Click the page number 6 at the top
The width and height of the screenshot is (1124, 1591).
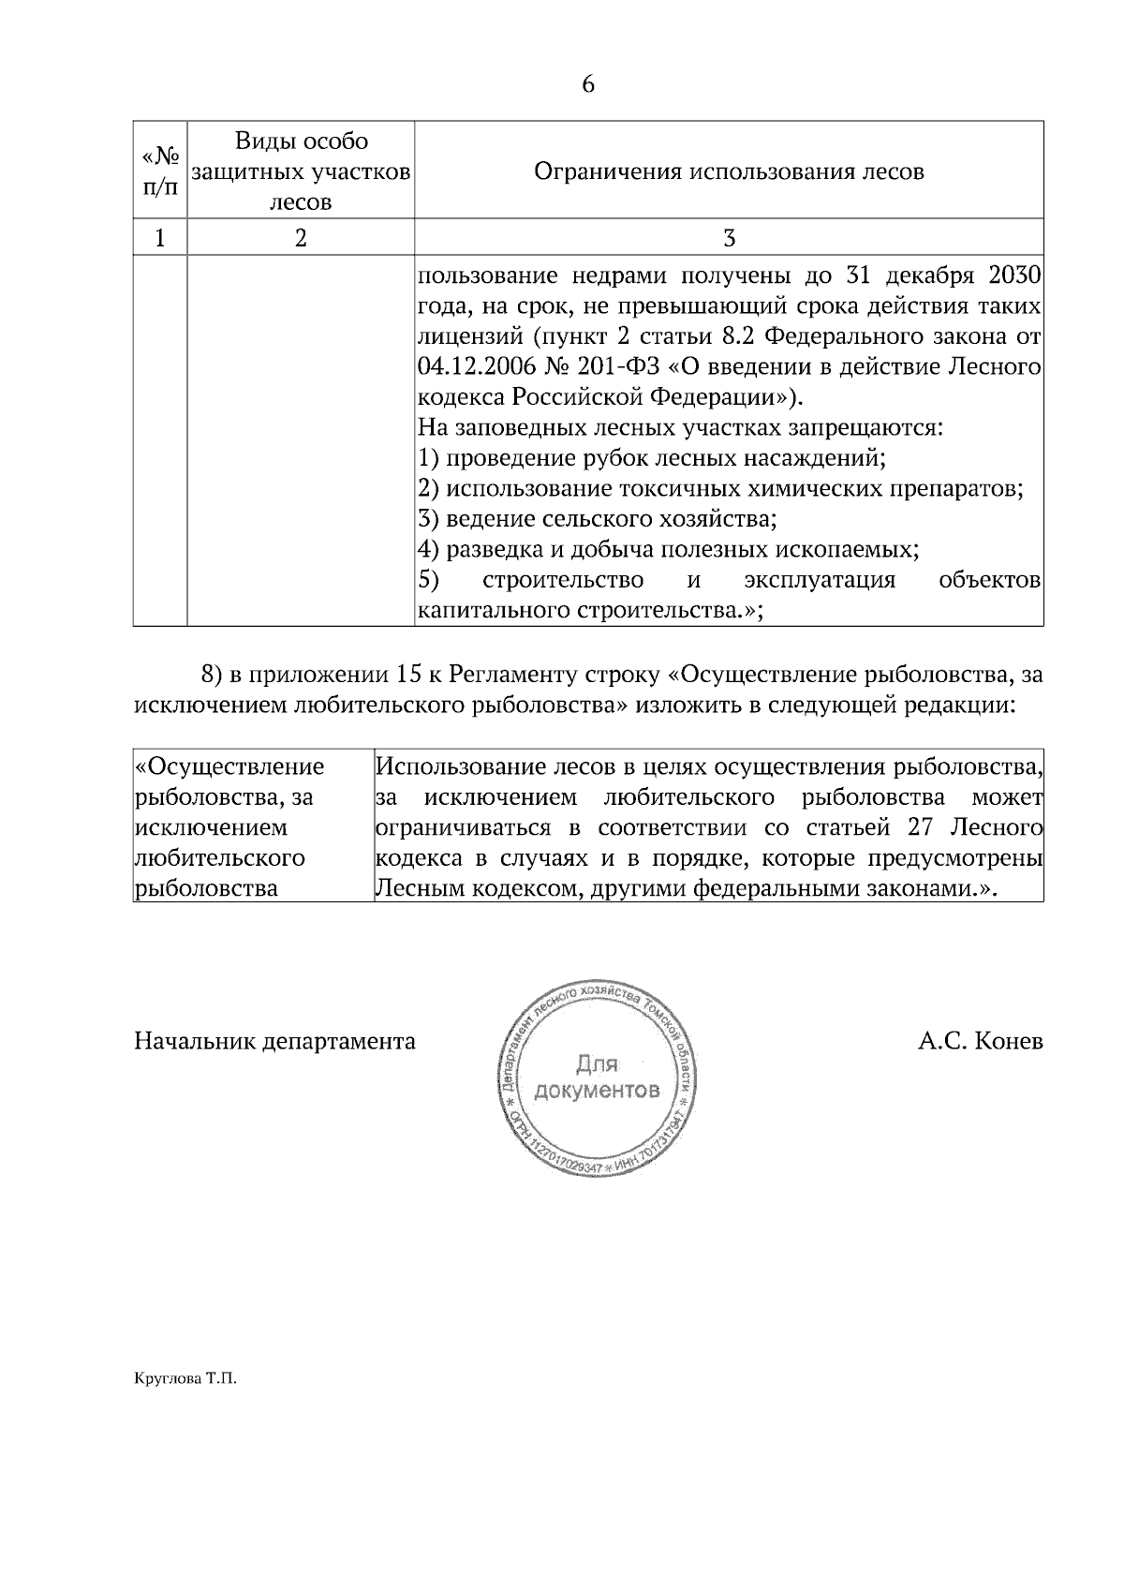[x=588, y=85]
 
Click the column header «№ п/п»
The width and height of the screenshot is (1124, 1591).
[x=159, y=171]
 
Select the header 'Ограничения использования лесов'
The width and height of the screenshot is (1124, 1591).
[x=729, y=171]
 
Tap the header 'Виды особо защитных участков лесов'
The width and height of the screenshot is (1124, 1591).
[x=301, y=171]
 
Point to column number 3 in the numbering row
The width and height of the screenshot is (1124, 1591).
[x=729, y=238]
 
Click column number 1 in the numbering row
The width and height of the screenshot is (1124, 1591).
[x=159, y=238]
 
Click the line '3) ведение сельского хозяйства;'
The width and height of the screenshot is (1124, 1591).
[x=598, y=518]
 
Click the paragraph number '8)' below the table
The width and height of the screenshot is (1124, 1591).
[x=212, y=674]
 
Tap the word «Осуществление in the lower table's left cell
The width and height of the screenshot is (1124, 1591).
[x=230, y=766]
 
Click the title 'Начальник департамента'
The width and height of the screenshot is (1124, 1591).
[x=274, y=1041]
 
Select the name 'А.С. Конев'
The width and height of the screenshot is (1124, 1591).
[x=980, y=1041]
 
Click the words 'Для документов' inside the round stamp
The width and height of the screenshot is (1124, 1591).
[x=596, y=1077]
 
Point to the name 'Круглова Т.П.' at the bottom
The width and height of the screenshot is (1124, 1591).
[x=186, y=1379]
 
